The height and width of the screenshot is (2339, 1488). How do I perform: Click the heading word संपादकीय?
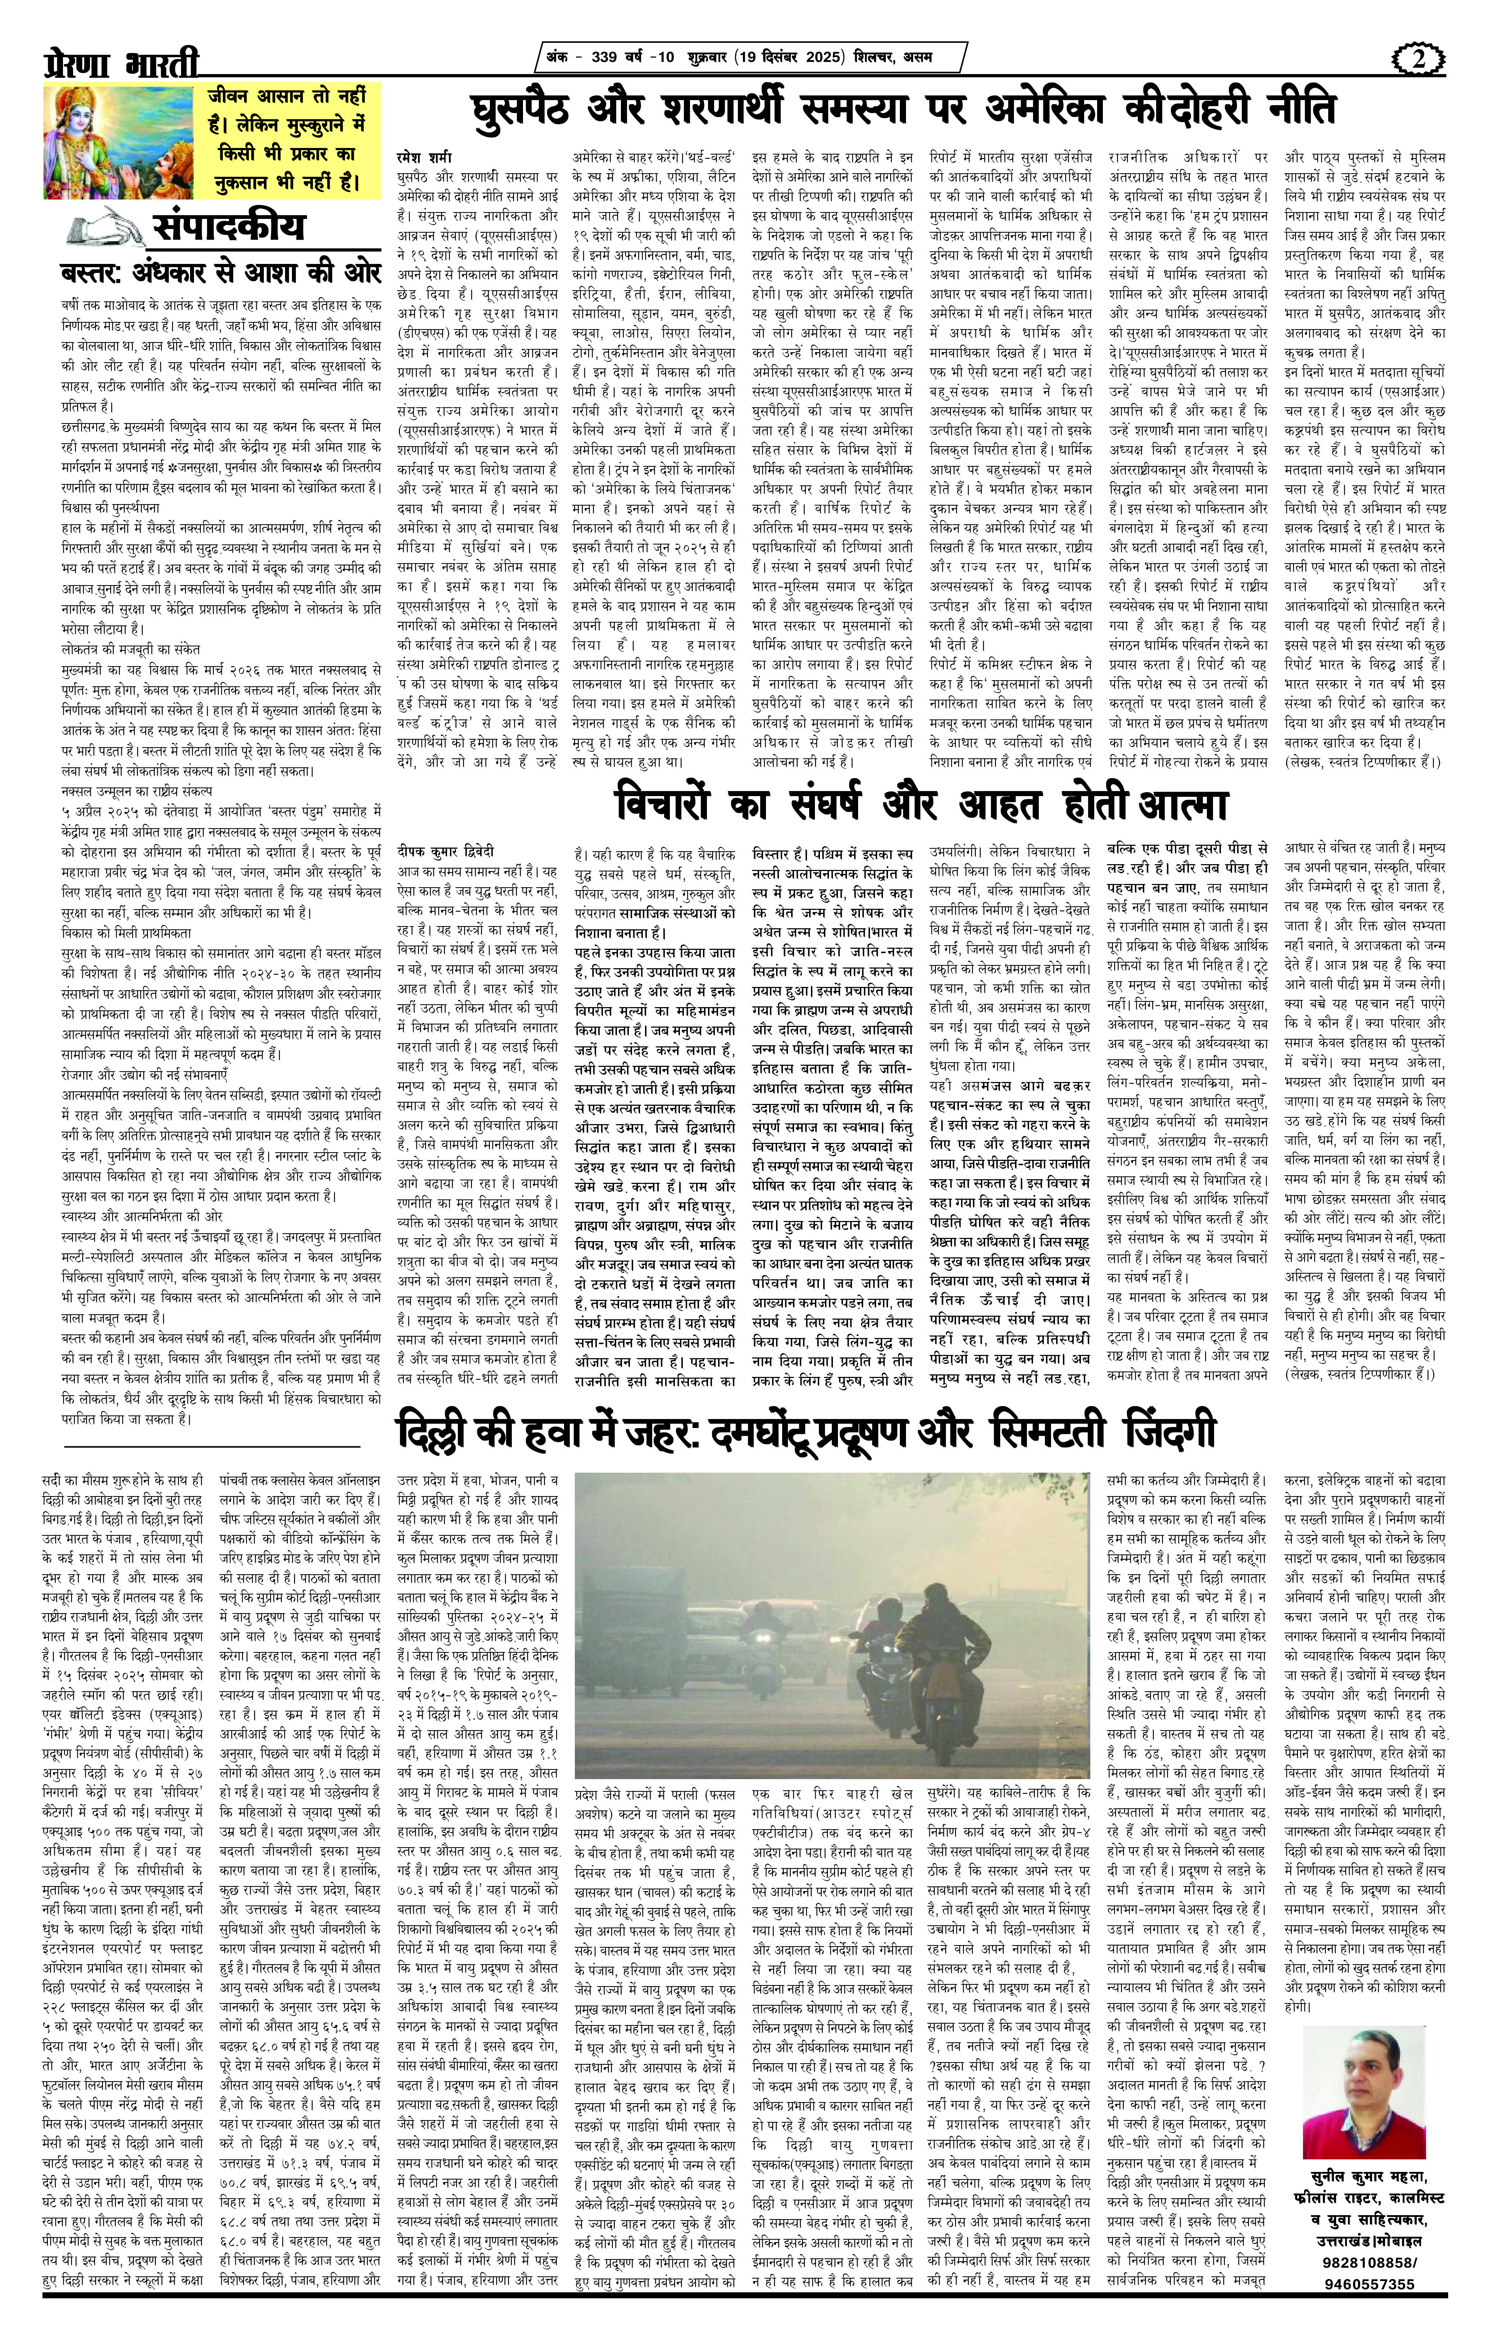(x=229, y=226)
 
